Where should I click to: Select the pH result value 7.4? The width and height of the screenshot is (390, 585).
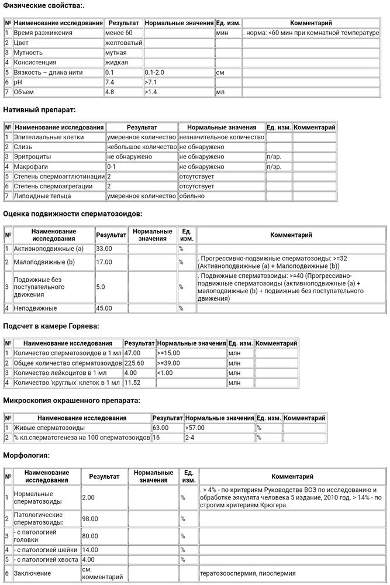(x=109, y=82)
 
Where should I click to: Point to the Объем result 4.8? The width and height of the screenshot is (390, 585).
(x=109, y=92)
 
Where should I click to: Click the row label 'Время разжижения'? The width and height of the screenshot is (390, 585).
(x=43, y=33)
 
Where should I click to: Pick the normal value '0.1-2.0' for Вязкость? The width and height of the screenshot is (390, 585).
(x=156, y=73)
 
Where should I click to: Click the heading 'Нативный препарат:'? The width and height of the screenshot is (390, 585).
(x=39, y=109)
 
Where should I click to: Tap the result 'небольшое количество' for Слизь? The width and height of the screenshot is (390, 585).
(x=141, y=147)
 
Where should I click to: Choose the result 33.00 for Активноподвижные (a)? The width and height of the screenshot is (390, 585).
(x=103, y=249)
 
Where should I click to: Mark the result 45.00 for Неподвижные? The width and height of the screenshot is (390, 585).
(x=103, y=308)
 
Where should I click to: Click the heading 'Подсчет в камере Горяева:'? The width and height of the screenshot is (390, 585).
(x=51, y=325)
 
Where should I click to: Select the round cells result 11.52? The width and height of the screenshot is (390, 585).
(x=132, y=383)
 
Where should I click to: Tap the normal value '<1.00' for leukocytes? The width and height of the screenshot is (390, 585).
(x=165, y=373)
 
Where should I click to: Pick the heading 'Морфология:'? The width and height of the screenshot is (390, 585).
(x=26, y=455)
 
